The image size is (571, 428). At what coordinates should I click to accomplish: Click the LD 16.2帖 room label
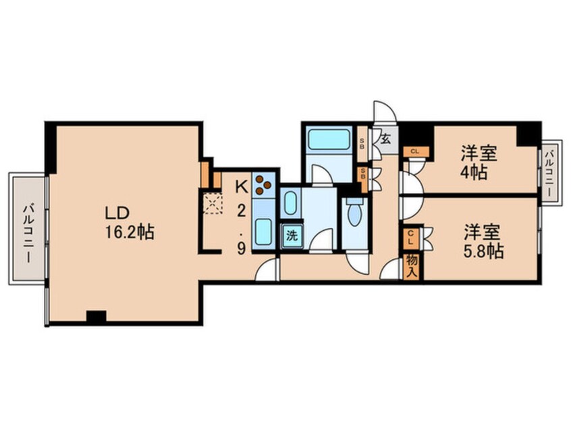click(128, 223)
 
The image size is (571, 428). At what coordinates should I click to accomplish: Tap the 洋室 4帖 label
click(479, 162)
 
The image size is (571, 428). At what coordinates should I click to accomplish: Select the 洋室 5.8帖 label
click(483, 242)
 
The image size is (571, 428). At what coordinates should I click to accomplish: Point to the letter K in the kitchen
click(240, 184)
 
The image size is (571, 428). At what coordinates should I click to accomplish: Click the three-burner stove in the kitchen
click(263, 184)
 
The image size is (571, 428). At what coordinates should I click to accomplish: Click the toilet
click(353, 215)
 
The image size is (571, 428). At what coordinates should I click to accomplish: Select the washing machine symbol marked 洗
click(292, 236)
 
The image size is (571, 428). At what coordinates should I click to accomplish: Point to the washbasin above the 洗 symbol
click(291, 203)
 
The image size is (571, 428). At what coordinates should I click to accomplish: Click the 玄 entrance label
click(385, 140)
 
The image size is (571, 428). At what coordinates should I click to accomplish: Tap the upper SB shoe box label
click(362, 142)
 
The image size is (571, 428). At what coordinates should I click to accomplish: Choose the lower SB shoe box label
click(362, 175)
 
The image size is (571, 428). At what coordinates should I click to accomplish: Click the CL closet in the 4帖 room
click(414, 151)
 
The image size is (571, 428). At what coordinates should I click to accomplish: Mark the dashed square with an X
click(213, 203)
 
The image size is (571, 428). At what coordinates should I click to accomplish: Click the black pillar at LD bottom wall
click(97, 315)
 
